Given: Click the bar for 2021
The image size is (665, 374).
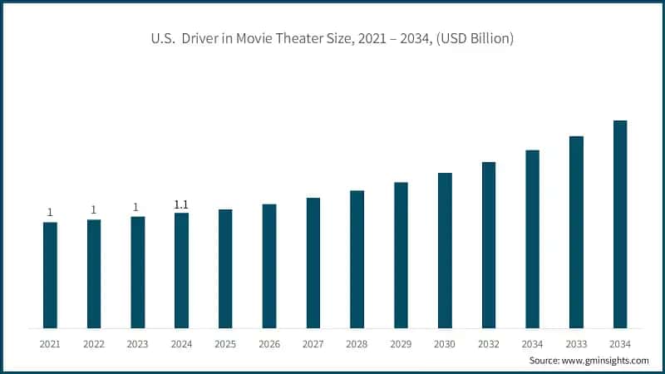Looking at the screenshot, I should click(x=50, y=275).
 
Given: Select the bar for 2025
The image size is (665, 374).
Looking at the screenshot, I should click(x=225, y=268).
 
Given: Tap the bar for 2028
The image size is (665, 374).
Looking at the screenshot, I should click(x=357, y=259).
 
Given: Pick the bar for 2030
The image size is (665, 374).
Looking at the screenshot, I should click(x=445, y=250).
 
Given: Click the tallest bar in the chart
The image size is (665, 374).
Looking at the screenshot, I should click(x=619, y=224).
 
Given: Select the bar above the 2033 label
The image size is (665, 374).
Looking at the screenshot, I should click(x=576, y=232).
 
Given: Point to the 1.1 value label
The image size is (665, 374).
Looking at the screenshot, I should click(x=181, y=204).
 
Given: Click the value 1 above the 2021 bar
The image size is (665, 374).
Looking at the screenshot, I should click(x=50, y=213).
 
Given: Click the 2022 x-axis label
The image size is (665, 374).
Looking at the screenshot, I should click(x=93, y=343).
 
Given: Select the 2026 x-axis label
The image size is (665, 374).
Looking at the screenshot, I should click(x=268, y=343).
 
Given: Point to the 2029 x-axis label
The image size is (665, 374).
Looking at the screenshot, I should click(x=400, y=343).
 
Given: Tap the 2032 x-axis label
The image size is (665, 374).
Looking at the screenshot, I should click(x=488, y=343).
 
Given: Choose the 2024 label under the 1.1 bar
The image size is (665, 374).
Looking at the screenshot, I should click(x=181, y=343).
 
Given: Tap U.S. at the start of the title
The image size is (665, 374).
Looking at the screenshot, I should click(x=163, y=40).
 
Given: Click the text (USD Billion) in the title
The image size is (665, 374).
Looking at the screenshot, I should click(x=476, y=40).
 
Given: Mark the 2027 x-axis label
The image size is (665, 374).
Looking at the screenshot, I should click(x=313, y=343).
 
